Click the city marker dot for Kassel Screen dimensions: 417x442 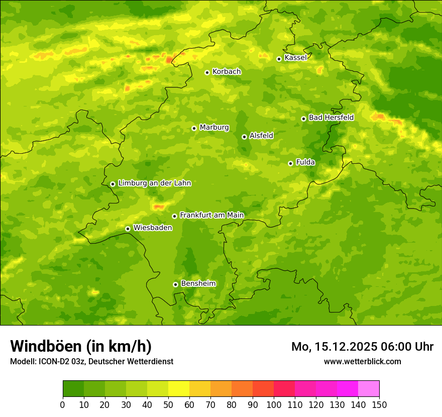[x=279, y=59]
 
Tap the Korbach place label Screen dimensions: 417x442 [x=227, y=72]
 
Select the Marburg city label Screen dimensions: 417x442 [x=214, y=128]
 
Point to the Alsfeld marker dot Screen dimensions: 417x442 [x=244, y=137]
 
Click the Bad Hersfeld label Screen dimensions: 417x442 [x=331, y=118]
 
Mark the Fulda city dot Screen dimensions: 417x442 [x=290, y=163]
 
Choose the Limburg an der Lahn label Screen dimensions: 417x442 [x=154, y=183]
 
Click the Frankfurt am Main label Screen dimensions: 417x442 [x=211, y=215]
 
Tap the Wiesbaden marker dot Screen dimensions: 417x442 [x=128, y=229]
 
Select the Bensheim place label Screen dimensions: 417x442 [x=198, y=284]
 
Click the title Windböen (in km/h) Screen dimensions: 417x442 [x=81, y=346]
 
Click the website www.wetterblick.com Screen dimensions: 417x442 [x=362, y=361]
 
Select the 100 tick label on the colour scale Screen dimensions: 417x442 [x=274, y=404]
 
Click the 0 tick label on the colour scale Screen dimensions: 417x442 [x=63, y=404]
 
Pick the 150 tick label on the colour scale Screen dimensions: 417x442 [x=379, y=404]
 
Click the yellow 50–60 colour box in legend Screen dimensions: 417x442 [x=179, y=389]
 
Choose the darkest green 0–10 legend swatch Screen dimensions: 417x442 [x=73, y=389]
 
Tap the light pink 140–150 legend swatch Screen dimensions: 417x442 [x=369, y=389]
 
